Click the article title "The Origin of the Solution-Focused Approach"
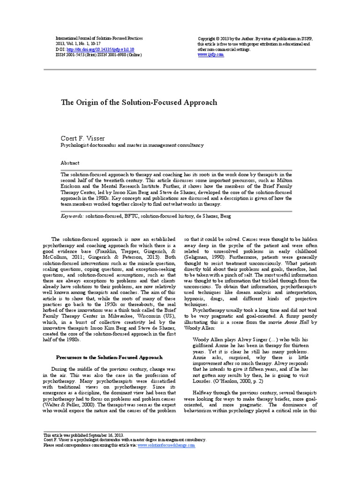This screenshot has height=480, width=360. (139, 102)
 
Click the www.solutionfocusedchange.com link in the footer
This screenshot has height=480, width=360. (166, 445)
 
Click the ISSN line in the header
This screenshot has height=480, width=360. (98, 55)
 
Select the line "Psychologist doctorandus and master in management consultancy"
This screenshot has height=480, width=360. (133, 145)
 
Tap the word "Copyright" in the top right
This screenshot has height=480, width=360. (209, 38)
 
